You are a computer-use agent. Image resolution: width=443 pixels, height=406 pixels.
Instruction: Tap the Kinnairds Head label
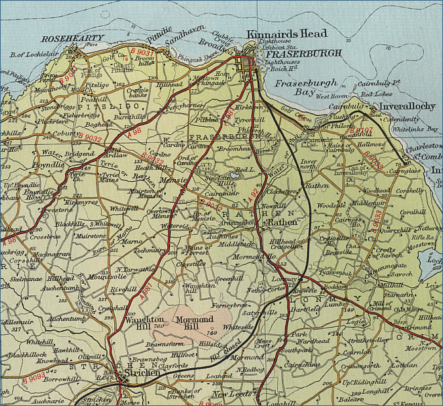(x=287, y=34)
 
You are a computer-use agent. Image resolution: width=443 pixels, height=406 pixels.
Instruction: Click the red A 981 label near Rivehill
(x=147, y=291)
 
